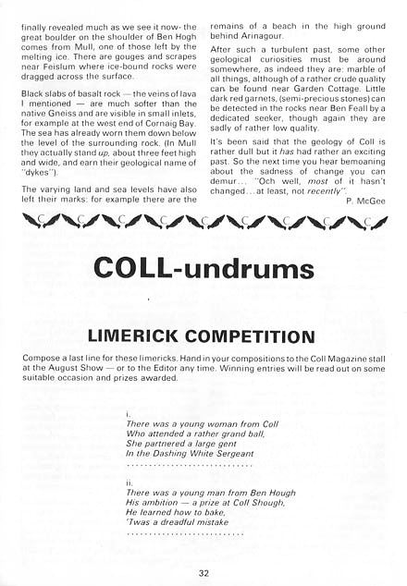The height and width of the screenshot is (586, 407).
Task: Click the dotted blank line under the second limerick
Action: [x=185, y=535]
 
